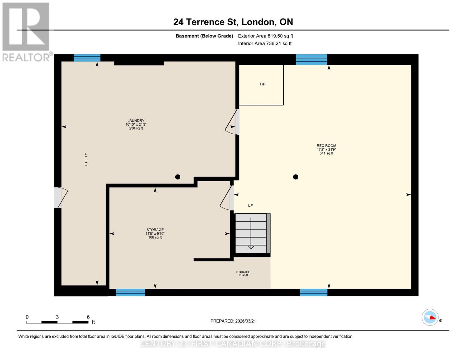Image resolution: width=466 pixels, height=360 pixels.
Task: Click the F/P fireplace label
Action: pyautogui.click(x=263, y=84)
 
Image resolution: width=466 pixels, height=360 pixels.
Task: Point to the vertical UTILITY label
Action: pyautogui.click(x=86, y=160)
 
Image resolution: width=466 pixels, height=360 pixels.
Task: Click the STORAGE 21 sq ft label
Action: pyautogui.click(x=243, y=273)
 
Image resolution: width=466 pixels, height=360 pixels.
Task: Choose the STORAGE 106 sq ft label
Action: pyautogui.click(x=155, y=233)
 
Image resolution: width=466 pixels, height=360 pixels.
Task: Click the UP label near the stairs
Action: pyautogui.click(x=250, y=205)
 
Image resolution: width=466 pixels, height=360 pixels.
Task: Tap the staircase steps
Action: pyautogui.click(x=251, y=233)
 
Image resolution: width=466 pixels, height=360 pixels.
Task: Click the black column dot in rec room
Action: pyautogui.click(x=296, y=177)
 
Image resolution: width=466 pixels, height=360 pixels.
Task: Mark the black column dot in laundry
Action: pyautogui.click(x=178, y=177)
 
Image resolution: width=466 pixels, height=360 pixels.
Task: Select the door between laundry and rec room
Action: pyautogui.click(x=233, y=122)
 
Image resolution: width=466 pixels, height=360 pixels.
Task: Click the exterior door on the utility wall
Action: pyautogui.click(x=60, y=197)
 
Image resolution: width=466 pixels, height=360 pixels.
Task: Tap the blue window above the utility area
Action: pyautogui.click(x=87, y=58)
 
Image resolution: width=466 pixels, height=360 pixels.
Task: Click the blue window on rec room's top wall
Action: pyautogui.click(x=311, y=59)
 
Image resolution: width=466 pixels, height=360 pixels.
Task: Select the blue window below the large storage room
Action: pyautogui.click(x=130, y=292)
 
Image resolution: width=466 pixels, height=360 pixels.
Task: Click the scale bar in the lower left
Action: pyautogui.click(x=57, y=322)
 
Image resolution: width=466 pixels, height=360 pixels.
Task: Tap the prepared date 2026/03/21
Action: pyautogui.click(x=233, y=321)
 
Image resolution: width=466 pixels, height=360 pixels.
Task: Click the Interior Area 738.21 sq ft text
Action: pyautogui.click(x=265, y=43)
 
